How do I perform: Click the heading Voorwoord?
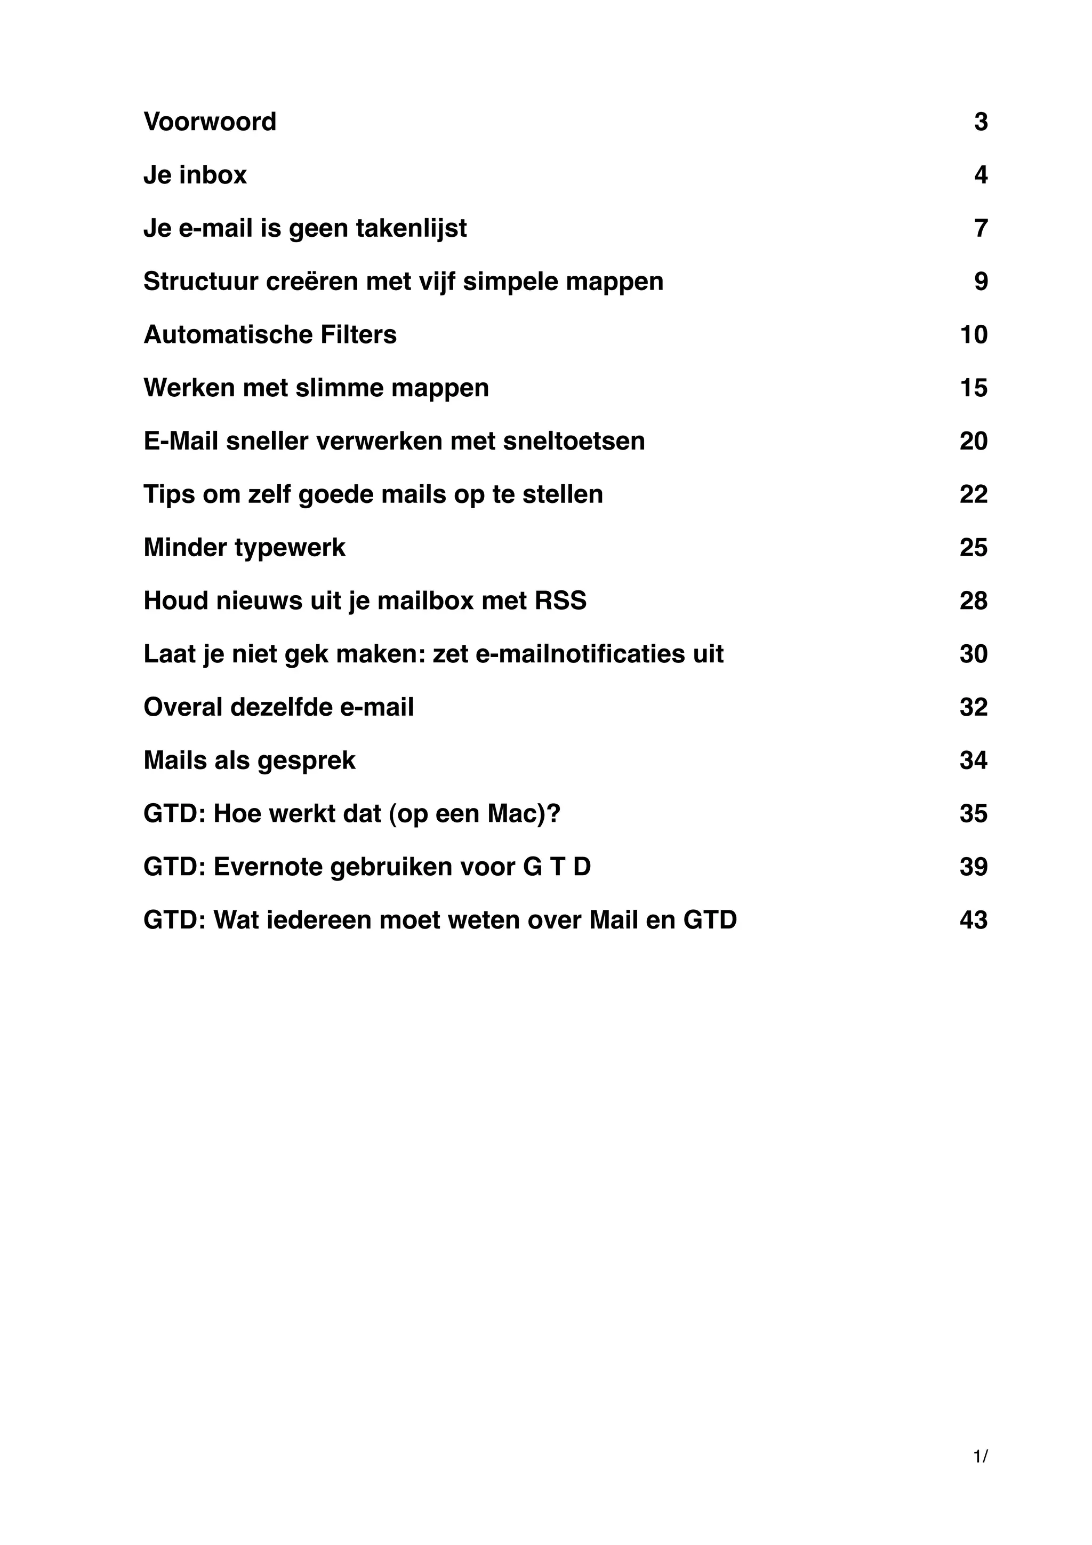click(x=210, y=122)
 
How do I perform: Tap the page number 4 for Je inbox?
click(x=981, y=175)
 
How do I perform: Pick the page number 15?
click(x=973, y=388)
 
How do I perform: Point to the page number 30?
click(x=973, y=653)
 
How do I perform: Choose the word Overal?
click(x=183, y=707)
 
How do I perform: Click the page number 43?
click(x=973, y=920)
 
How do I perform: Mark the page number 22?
click(x=973, y=494)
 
